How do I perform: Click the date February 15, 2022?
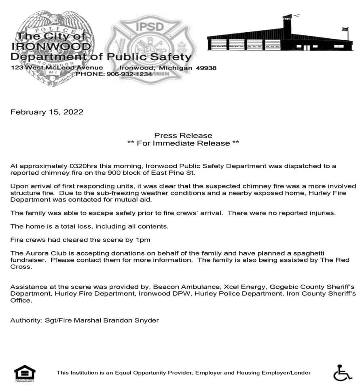tap(47, 112)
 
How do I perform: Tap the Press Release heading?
tap(183, 135)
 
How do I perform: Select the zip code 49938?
tap(206, 68)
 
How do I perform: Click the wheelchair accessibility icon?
tap(342, 372)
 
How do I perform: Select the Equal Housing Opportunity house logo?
tap(25, 373)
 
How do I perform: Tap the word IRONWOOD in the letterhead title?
tap(45, 45)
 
